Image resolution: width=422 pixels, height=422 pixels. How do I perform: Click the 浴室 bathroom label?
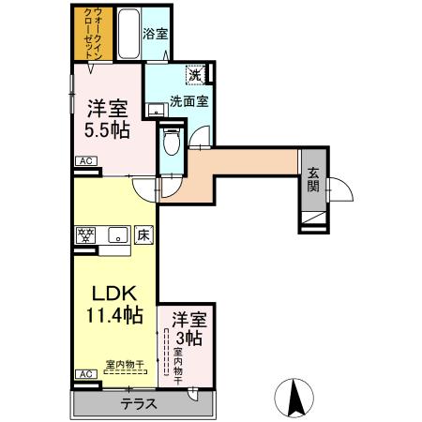pos(155,34)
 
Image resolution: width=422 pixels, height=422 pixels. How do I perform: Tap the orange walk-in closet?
pos(95,34)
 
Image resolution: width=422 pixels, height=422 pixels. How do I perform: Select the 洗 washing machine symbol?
pos(194,74)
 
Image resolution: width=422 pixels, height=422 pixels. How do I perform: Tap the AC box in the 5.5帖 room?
pos(85,160)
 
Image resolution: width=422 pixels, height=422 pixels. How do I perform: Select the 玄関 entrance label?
pos(313,180)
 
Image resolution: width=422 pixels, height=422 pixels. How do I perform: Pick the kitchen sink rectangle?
pos(118,234)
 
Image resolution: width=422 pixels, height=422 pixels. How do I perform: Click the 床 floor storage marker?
pos(143,234)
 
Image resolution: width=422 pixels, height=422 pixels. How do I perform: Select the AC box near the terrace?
pos(85,373)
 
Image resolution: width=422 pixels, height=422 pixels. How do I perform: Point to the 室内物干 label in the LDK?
pos(123,363)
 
